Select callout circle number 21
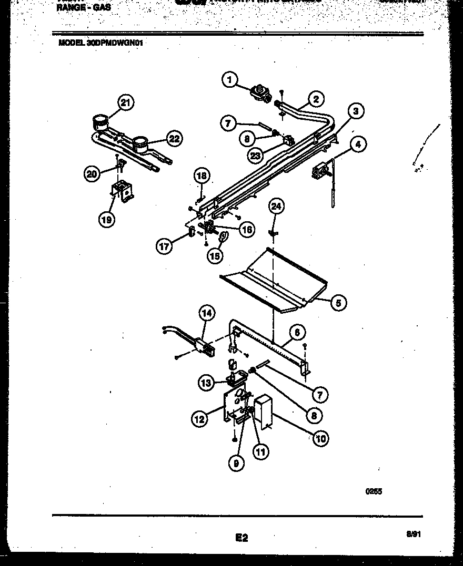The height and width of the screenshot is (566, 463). click(x=125, y=102)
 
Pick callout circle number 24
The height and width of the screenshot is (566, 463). click(x=276, y=207)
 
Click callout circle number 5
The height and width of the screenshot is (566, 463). click(x=339, y=302)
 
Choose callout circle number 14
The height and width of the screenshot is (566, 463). click(x=207, y=313)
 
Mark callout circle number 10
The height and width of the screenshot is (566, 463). click(x=320, y=437)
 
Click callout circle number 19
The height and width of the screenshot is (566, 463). click(x=107, y=220)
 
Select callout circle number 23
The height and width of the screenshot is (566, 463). click(x=256, y=155)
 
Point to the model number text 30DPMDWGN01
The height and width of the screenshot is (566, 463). click(x=115, y=44)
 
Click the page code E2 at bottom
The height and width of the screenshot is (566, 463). click(x=241, y=538)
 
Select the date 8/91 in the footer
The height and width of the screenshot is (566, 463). click(x=413, y=534)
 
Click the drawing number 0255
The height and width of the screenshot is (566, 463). click(x=374, y=492)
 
